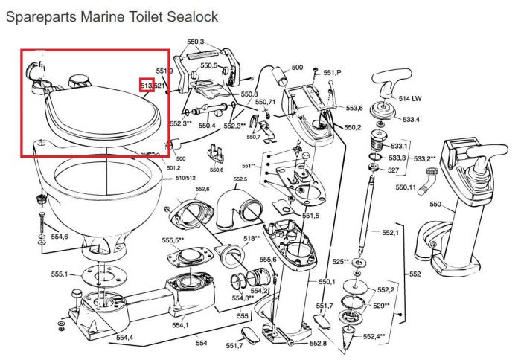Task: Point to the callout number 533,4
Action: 412,119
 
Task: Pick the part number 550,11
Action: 406,187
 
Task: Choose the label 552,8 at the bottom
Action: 319,344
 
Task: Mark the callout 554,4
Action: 124,338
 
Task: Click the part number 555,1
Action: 60,274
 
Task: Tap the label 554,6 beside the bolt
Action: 59,237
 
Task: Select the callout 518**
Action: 251,239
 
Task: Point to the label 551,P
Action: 332,73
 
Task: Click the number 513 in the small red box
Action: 146,86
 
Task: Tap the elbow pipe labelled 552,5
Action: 238,204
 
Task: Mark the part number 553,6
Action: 354,109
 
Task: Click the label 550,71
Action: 266,102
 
